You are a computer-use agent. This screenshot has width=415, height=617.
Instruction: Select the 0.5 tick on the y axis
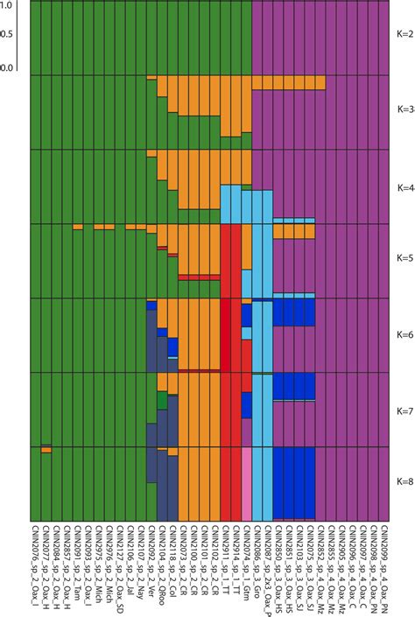pos(8,35)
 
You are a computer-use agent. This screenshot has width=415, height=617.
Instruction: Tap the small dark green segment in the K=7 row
pos(162,399)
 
